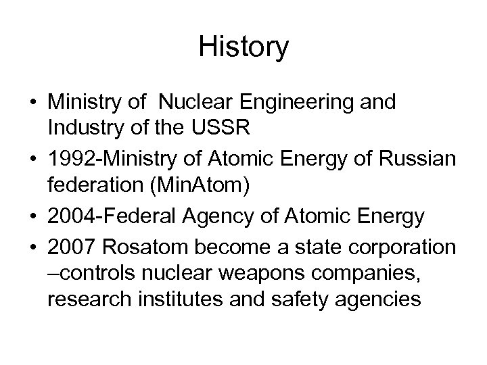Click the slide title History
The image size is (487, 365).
243,48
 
